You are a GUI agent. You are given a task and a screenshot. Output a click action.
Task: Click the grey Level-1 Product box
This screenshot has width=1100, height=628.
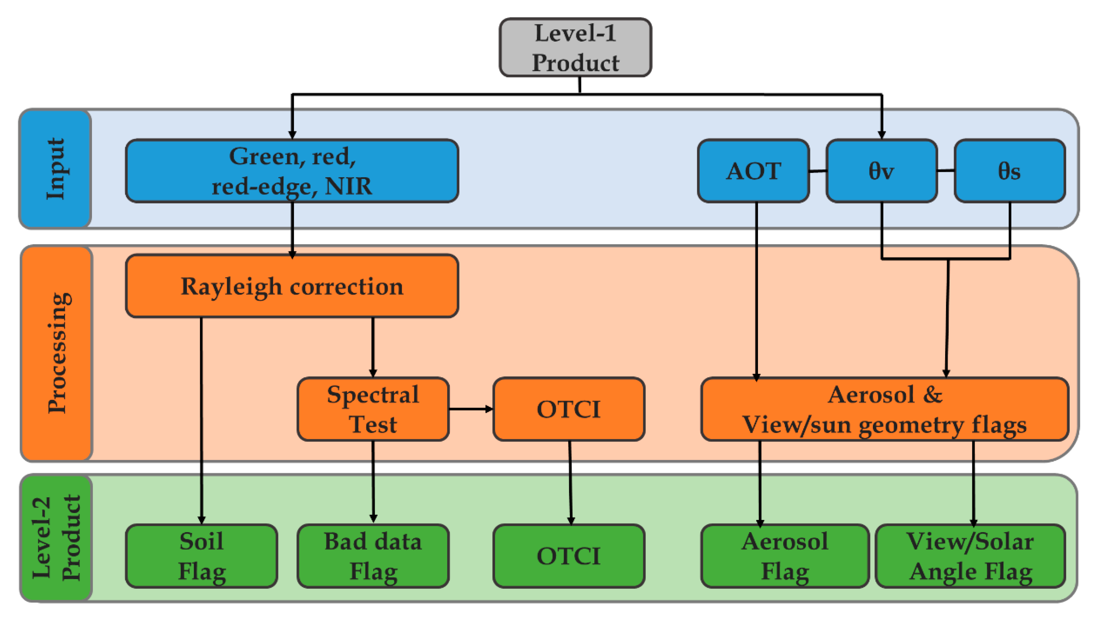tap(575, 48)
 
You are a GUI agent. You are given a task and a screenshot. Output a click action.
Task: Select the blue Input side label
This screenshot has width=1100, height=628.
tap(55, 169)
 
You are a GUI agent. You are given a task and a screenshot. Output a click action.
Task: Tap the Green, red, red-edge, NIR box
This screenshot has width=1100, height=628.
tap(292, 171)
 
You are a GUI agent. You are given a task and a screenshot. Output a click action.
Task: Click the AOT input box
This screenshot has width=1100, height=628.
tap(753, 171)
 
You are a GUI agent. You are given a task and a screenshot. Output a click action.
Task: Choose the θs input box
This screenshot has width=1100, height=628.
tap(1009, 171)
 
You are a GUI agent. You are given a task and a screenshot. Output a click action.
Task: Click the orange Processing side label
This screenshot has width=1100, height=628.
tap(57, 353)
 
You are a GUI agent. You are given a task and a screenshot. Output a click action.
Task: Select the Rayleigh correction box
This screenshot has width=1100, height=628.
tap(292, 286)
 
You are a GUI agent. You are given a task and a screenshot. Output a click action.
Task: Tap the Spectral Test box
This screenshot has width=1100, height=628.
tap(373, 409)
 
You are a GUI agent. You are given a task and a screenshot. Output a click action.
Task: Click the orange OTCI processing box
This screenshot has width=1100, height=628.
tap(568, 409)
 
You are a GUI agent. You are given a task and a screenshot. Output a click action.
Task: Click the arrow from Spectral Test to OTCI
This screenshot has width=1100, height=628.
tap(471, 409)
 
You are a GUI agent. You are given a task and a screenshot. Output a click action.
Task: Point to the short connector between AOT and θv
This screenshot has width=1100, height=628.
tap(818, 171)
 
